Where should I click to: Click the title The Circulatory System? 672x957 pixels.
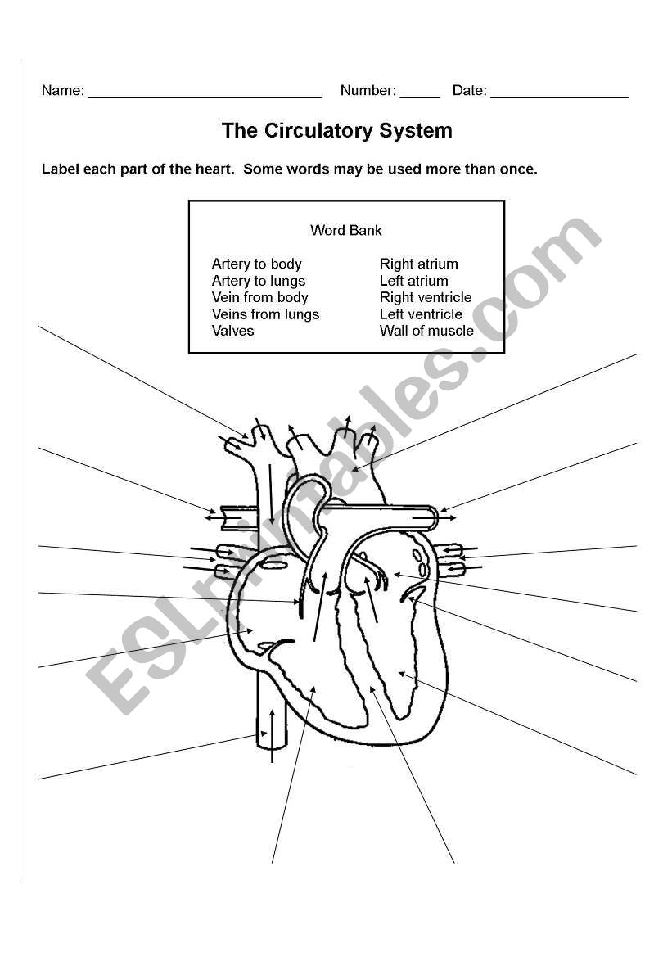point(336,131)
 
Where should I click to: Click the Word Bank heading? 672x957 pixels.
point(345,231)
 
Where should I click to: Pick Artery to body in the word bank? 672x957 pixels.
point(256,264)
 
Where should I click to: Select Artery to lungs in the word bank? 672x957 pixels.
point(258,281)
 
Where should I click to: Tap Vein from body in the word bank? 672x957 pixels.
point(259,297)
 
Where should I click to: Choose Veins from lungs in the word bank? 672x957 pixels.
point(265,314)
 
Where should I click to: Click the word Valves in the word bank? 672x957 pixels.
point(232,331)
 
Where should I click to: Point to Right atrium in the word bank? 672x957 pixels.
point(418,264)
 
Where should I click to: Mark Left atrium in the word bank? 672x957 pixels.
point(413,281)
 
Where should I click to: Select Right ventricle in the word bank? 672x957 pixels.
point(426,297)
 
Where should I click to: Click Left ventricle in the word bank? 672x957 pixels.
point(421,314)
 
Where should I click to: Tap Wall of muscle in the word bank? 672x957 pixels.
point(426,331)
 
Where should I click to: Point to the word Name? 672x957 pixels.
point(61,91)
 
